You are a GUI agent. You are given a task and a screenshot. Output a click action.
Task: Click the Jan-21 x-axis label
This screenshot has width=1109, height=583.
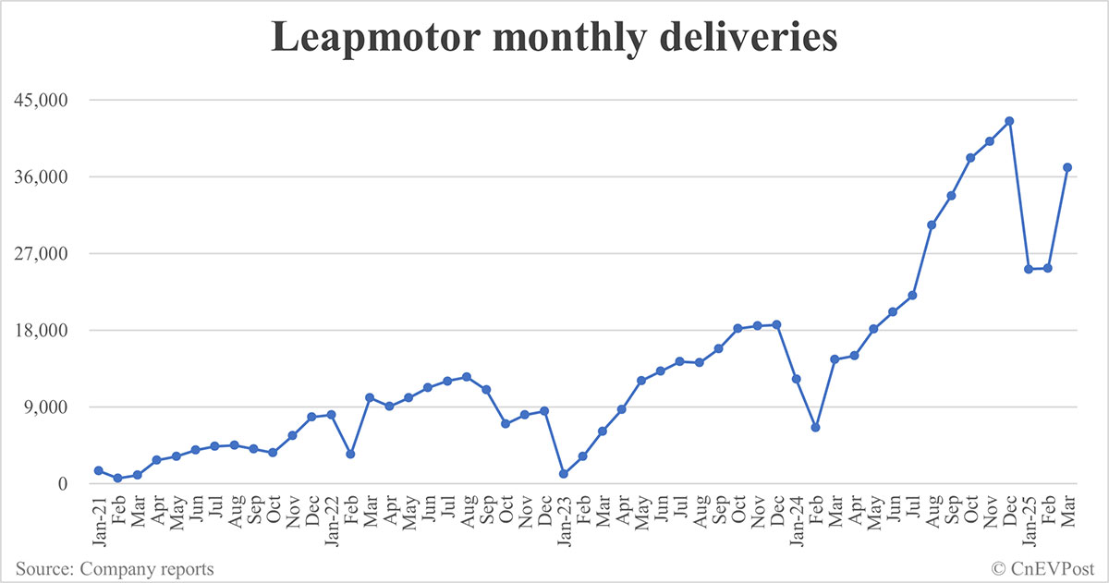[97, 514]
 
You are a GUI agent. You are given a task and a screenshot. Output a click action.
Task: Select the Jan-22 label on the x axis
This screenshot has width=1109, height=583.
[330, 514]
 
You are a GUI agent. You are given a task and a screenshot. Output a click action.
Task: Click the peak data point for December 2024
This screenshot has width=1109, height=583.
[1009, 121]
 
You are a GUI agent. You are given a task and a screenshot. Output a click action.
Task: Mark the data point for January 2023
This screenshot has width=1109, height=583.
[563, 474]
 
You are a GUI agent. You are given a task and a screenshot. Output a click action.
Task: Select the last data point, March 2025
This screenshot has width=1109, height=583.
[1067, 167]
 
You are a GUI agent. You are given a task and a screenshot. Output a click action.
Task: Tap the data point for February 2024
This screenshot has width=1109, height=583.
[815, 428]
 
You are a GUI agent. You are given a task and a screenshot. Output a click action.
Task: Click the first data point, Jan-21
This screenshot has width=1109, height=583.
[98, 470]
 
